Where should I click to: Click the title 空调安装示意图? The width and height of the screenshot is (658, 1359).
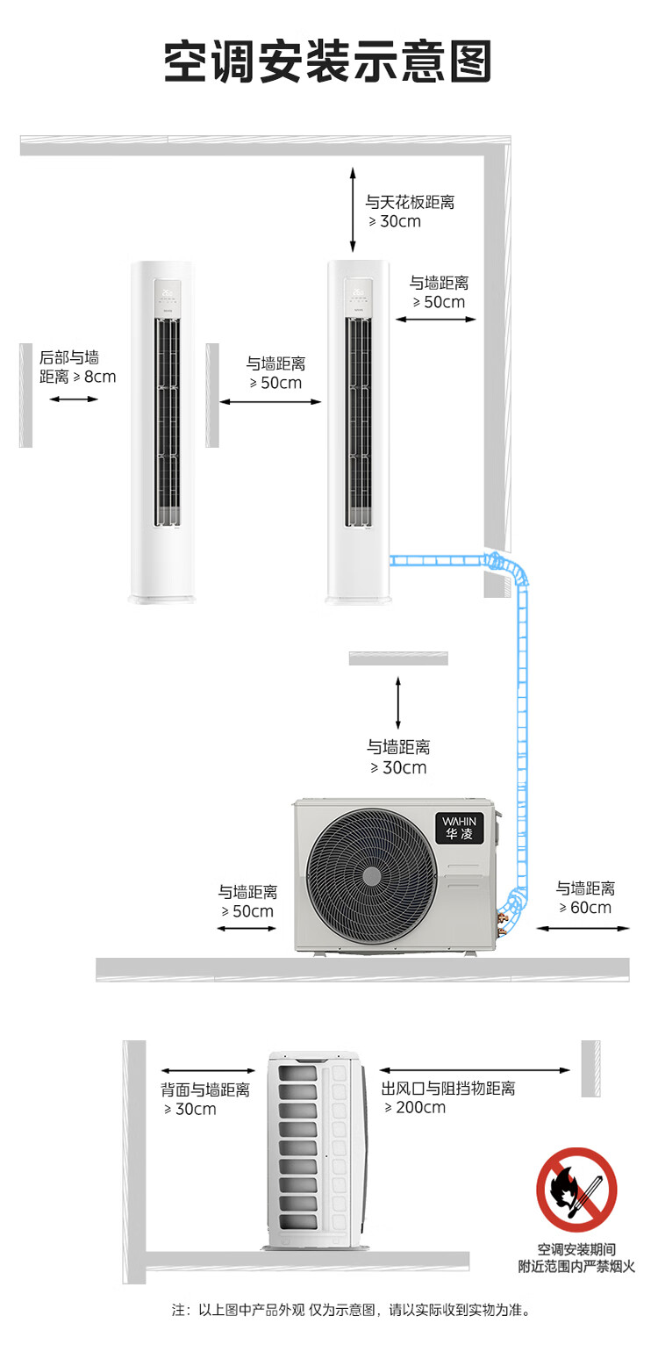pos(327,61)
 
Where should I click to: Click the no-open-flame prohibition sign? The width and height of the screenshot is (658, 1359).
pos(576,1189)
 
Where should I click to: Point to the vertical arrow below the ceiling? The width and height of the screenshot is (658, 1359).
pos(353,210)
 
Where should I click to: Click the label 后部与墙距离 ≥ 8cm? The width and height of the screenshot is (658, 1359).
pos(77,367)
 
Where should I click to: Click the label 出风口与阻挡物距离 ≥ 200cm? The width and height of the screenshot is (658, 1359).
pos(448,1097)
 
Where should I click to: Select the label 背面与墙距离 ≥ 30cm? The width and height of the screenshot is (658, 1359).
pos(205,1099)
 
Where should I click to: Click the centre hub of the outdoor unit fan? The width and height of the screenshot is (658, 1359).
pos(372,876)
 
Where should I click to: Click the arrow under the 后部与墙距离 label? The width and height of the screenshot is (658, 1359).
pos(74,399)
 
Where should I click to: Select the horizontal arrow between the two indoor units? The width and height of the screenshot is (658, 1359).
pos(270,401)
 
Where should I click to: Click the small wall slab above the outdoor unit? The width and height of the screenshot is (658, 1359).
pos(398,658)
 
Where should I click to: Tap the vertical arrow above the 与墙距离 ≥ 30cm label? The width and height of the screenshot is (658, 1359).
pos(397,703)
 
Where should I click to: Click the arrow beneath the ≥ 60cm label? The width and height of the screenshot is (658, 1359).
pos(583,928)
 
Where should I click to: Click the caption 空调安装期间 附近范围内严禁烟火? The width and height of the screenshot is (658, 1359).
pos(576,1258)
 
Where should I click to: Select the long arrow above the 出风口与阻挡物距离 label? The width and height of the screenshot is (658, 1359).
pos(475,1070)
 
